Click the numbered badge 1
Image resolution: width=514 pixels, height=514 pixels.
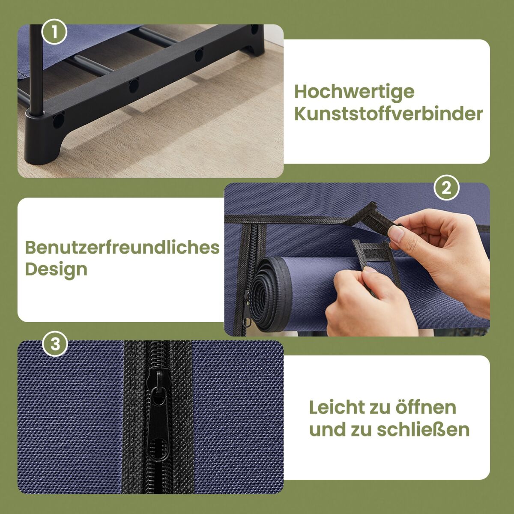(x=54, y=32)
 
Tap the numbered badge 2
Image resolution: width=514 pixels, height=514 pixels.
(x=446, y=188)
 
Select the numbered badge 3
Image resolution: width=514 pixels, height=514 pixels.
(x=55, y=344)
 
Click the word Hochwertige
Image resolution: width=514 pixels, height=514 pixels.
(x=354, y=92)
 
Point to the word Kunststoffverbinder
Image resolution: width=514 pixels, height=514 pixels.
(x=388, y=114)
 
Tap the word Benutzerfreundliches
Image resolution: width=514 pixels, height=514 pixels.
(x=122, y=247)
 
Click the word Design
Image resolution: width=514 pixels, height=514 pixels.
(x=56, y=270)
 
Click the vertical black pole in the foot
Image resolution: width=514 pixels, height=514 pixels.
(x=36, y=70)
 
